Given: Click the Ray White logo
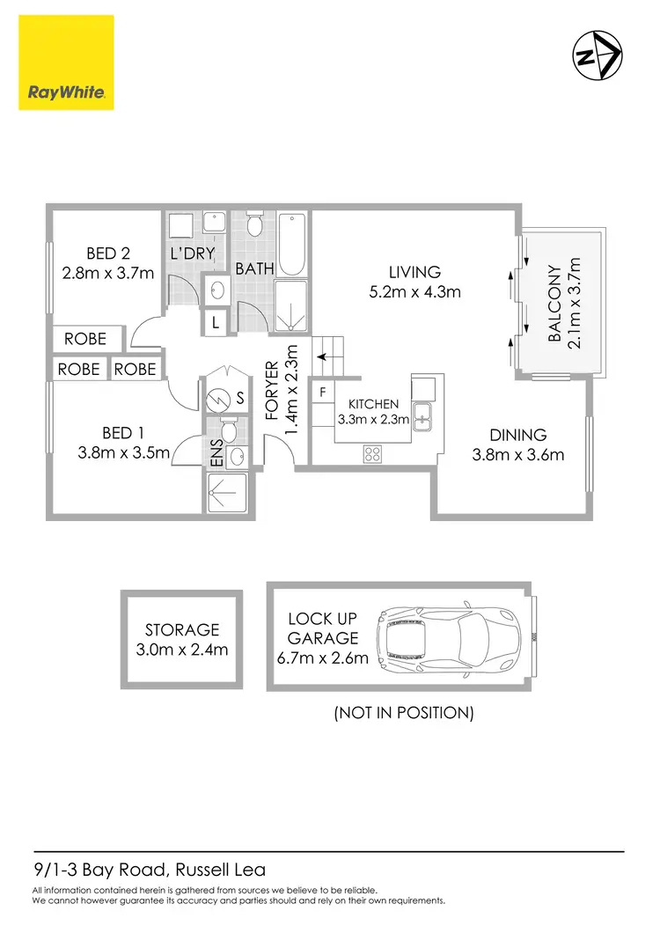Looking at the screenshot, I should tap(66, 62).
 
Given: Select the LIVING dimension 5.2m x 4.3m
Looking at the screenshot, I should tap(414, 292).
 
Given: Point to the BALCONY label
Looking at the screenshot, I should tap(554, 305).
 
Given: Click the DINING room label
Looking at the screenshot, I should tap(518, 435).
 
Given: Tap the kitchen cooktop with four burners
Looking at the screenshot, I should tap(372, 454).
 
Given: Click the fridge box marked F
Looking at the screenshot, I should tap(322, 391).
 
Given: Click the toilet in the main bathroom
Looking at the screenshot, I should tap(254, 225).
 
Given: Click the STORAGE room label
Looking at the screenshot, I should tap(182, 629).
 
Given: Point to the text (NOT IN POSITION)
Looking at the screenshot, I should tap(404, 712).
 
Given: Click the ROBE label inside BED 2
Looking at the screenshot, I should tap(85, 338).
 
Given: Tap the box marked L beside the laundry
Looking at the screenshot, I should tap(215, 323).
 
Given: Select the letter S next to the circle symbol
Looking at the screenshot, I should tap(239, 399).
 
